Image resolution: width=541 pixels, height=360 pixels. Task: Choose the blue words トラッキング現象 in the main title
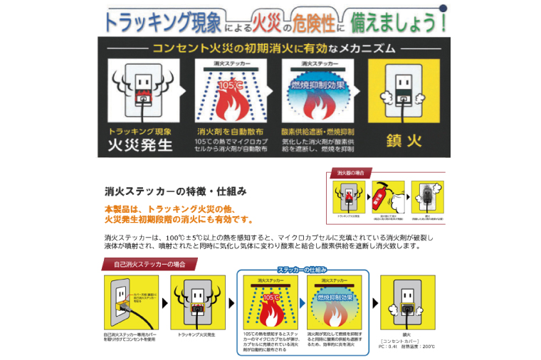tap(156, 21)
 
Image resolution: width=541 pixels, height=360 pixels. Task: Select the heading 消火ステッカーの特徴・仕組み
tap(175, 191)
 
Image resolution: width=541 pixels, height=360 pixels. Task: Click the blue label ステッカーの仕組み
tap(303, 269)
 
